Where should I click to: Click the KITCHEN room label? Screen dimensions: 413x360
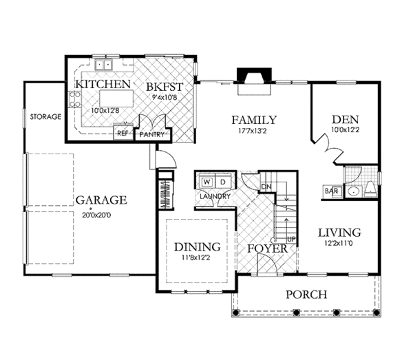103,84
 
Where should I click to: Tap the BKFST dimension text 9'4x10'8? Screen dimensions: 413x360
164,97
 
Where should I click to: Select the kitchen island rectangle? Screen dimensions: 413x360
116,98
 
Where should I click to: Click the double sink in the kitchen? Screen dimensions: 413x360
104,65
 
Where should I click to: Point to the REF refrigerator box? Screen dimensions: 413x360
123,131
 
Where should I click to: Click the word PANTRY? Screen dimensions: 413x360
152,135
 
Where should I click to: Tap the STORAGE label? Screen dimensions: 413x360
45,116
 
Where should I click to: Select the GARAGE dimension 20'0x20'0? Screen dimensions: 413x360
96,215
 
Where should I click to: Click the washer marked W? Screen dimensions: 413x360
207,182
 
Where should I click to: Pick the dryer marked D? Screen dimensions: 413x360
223,182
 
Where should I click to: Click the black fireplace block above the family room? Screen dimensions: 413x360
254,75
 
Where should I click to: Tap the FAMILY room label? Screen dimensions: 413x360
254,120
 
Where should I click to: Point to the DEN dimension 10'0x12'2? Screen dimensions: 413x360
346,130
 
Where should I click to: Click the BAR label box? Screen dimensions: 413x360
332,191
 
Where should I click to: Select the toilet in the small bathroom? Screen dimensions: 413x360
370,189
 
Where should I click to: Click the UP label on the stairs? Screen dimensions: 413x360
291,240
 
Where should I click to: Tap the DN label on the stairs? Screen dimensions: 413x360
266,187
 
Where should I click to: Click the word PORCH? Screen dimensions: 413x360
306,295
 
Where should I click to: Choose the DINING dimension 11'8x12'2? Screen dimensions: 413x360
196,258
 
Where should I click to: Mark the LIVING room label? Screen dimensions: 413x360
339,233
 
